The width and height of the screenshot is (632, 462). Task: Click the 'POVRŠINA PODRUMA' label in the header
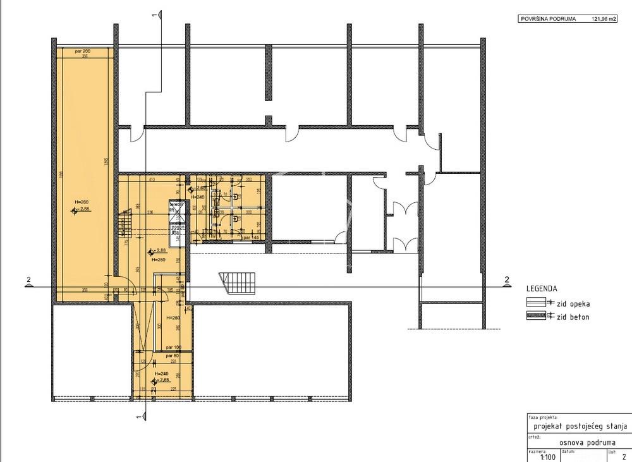pos(547,19)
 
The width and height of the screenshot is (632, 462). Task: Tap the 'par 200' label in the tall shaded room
pos(82,50)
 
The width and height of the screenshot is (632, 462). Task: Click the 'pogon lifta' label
pos(178,229)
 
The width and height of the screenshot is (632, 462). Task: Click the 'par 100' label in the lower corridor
pos(174,348)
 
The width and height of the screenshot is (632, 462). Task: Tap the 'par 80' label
pos(172,356)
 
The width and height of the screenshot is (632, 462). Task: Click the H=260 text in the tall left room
pos(82,202)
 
